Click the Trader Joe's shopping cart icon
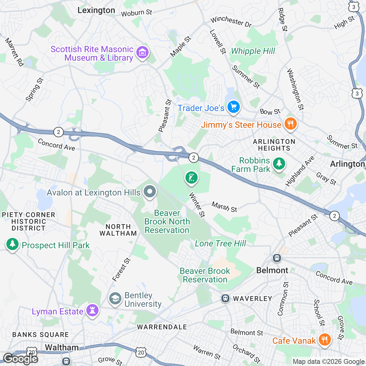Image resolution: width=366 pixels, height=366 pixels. click(234, 107)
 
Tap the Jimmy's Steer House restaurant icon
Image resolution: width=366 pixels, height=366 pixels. click(290, 124)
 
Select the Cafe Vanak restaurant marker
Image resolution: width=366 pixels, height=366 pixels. click(324, 339)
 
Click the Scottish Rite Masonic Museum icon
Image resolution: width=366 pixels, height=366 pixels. click(142, 53)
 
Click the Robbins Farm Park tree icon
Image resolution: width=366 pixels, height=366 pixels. click(278, 163)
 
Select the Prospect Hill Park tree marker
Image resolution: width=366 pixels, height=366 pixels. click(12, 244)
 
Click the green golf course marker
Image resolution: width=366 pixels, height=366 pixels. click(191, 178)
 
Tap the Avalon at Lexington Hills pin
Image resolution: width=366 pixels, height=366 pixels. click(149, 192)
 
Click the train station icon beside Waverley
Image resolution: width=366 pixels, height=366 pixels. click(225, 298)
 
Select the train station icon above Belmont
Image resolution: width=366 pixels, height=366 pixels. click(277, 258)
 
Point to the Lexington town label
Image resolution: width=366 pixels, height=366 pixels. click(96, 10)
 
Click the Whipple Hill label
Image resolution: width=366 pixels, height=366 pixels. click(253, 51)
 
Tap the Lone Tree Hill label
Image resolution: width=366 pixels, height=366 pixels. click(220, 243)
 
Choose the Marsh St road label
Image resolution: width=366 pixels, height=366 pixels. click(224, 207)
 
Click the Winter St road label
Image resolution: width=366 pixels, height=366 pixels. click(197, 205)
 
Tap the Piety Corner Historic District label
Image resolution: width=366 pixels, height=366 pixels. click(28, 221)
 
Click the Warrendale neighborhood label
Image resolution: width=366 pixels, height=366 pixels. click(162, 327)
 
